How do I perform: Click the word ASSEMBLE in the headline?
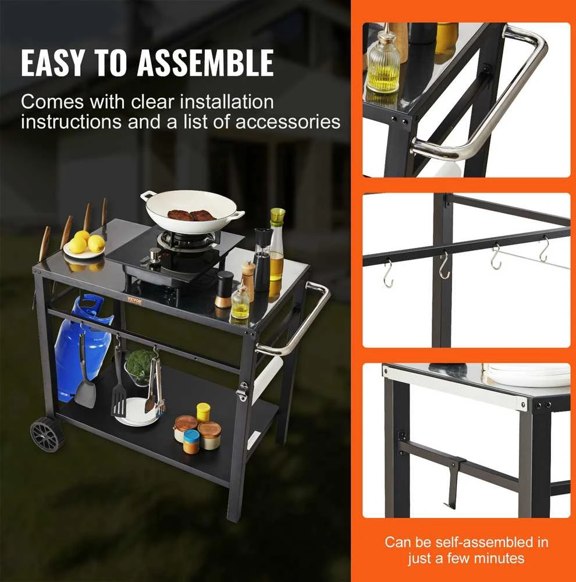tap(205, 62)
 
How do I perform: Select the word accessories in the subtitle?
tap(287, 122)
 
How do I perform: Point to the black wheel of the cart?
tap(47, 434)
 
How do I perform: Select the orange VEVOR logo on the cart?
tap(135, 300)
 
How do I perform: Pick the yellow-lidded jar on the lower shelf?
tap(203, 412)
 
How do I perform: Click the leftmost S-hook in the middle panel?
tap(388, 274)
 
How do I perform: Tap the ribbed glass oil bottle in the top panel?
tap(383, 61)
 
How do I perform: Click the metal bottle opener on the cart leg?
tap(243, 391)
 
